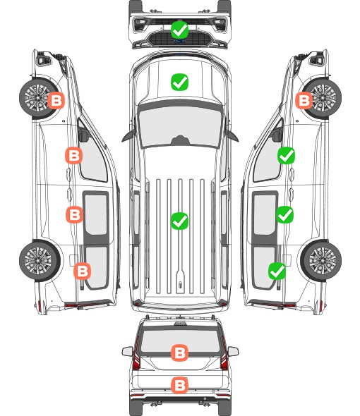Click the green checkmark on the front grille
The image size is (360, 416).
coord(179,30)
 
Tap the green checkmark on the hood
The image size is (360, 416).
coord(179,82)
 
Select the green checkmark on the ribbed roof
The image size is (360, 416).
coord(179,221)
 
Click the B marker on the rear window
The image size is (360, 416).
coord(180,353)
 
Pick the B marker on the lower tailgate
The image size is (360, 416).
coord(180,386)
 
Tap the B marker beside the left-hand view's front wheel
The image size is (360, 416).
coord(56,101)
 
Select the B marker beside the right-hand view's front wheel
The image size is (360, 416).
coord(304,101)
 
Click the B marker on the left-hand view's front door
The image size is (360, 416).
coord(74,155)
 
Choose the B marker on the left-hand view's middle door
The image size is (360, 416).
coord(74,214)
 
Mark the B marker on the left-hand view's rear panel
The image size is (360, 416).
coord(82,271)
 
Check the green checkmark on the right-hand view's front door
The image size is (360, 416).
coord(286,156)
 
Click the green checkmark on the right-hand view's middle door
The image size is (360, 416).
coord(285,214)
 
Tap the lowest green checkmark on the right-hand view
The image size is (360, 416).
coord(277,271)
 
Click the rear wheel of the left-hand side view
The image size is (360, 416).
coord(40,260)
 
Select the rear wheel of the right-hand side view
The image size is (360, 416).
coord(321,260)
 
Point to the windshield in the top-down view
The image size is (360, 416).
coord(180,127)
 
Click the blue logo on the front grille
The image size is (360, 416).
coord(180,41)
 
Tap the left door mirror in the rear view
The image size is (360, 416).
coord(128,351)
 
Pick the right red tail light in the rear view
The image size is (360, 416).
coord(224,357)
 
